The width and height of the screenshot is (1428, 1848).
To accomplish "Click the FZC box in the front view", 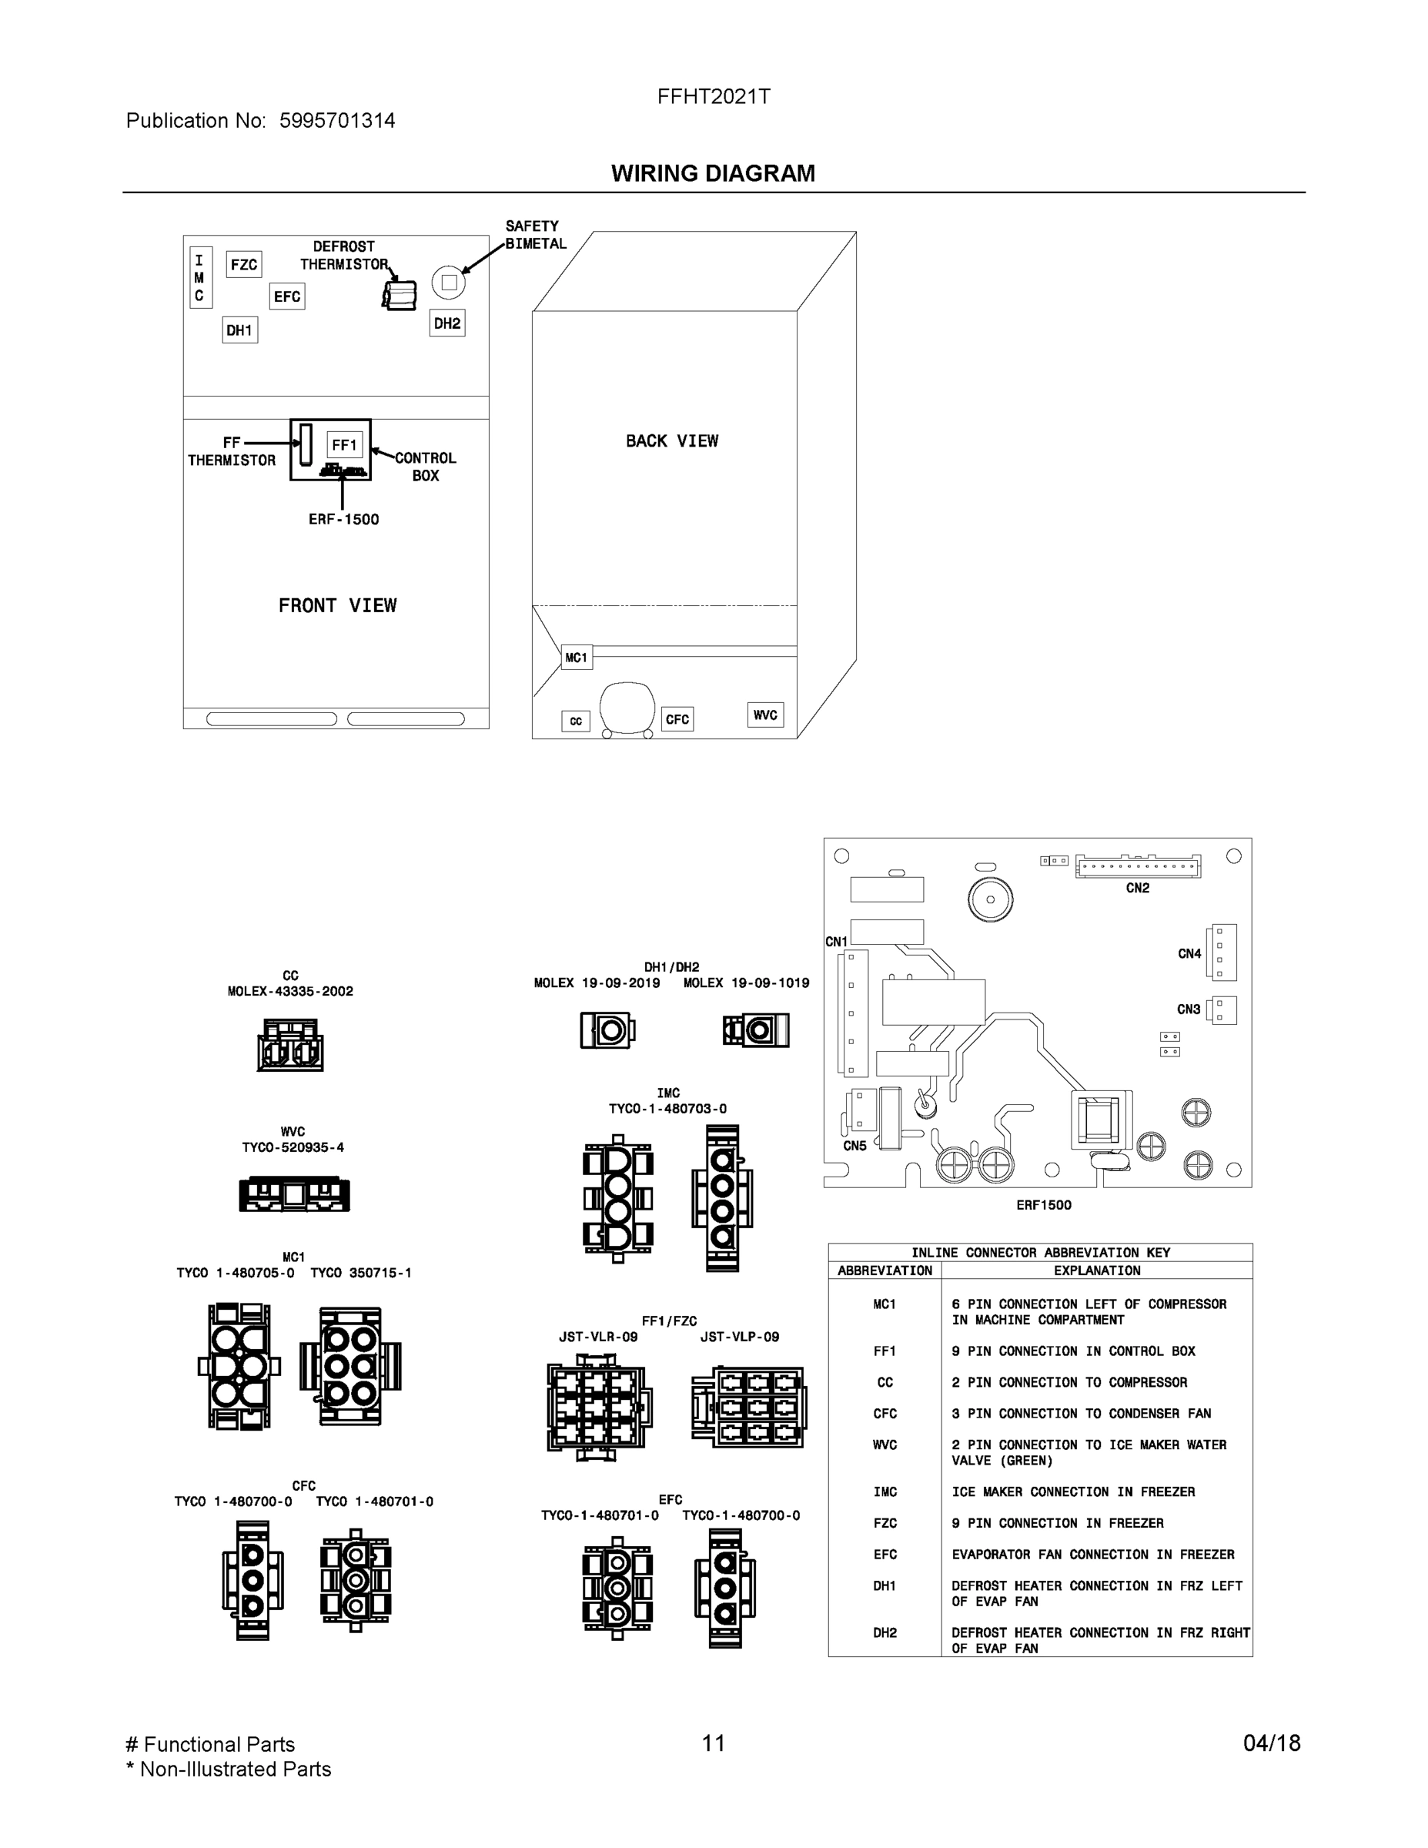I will pyautogui.click(x=243, y=264).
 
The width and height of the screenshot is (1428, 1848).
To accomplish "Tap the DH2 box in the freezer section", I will pyautogui.click(x=446, y=323).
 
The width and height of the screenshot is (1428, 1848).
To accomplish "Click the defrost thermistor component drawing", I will pyautogui.click(x=400, y=294).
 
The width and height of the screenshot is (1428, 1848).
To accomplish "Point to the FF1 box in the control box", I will pyautogui.click(x=344, y=444).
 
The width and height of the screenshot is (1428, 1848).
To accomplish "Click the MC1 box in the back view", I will pyautogui.click(x=576, y=658).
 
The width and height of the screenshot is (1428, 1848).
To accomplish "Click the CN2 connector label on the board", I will pyautogui.click(x=1137, y=888).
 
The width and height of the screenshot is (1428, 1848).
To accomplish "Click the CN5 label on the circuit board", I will pyautogui.click(x=854, y=1146).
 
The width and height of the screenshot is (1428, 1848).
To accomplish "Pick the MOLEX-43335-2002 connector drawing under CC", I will pyautogui.click(x=290, y=1045).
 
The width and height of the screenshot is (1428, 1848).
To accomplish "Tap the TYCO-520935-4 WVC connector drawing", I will pyautogui.click(x=293, y=1194).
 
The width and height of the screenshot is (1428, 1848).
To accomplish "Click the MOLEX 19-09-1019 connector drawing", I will pyautogui.click(x=755, y=1029).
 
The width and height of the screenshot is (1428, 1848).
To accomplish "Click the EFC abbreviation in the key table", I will pyautogui.click(x=884, y=1555).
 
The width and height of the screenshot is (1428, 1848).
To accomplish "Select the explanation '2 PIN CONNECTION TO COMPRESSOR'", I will pyautogui.click(x=1068, y=1382).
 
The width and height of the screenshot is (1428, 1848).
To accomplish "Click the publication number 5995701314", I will pyautogui.click(x=336, y=120).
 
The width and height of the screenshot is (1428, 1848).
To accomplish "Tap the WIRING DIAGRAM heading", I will pyautogui.click(x=713, y=173).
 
